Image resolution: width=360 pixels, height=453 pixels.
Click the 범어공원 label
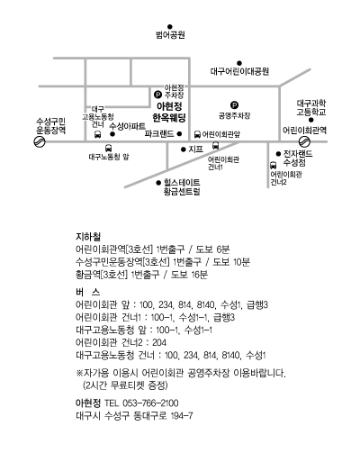pyautogui.click(x=170, y=35)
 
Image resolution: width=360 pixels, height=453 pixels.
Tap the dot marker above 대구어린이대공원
pyautogui.click(x=239, y=63)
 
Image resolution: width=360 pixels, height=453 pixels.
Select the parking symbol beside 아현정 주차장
pyautogui.click(x=157, y=95)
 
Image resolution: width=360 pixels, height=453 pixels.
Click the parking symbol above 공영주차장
pyautogui.click(x=234, y=105)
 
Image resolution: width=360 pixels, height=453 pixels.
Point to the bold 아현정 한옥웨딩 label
pyautogui.click(x=169, y=112)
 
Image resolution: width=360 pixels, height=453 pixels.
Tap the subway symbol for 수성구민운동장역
pyautogui.click(x=40, y=141)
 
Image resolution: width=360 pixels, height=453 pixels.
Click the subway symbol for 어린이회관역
pyautogui.click(x=304, y=141)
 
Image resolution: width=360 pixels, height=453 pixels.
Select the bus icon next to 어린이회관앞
pyautogui.click(x=197, y=134)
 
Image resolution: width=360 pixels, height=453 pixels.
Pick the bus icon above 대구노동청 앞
pyautogui.click(x=109, y=148)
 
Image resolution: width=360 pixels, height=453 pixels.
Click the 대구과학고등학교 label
pyautogui.click(x=311, y=108)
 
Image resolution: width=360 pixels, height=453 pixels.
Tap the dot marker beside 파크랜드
pyautogui.click(x=179, y=134)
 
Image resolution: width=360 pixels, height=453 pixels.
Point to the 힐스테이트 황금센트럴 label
pyautogui.click(x=182, y=187)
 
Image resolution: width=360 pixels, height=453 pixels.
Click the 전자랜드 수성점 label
pyautogui.click(x=298, y=159)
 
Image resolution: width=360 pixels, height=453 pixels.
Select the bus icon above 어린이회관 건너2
pyautogui.click(x=273, y=165)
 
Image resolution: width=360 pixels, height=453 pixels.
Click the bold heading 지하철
pyautogui.click(x=88, y=237)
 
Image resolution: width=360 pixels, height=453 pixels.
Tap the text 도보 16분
pyautogui.click(x=189, y=275)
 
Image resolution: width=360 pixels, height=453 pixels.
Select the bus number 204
pyautogui.click(x=159, y=342)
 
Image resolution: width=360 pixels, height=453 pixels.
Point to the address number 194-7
pyautogui.click(x=182, y=416)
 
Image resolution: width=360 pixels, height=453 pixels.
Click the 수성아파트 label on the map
pyautogui.click(x=127, y=127)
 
